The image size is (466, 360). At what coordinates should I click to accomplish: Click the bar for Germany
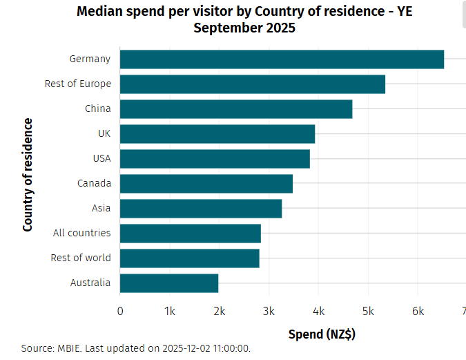282,59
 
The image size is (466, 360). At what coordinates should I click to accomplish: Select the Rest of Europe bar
253,84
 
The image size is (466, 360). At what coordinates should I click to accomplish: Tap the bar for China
236,109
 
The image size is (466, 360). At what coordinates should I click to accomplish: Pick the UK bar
217,134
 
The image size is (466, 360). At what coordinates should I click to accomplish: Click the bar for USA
215,159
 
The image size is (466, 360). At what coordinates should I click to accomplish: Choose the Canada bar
206,184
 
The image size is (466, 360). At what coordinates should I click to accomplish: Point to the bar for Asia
201,209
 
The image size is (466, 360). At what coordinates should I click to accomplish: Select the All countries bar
191,234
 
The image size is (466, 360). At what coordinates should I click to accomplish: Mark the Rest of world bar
190,258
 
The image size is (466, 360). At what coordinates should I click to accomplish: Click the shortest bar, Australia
169,283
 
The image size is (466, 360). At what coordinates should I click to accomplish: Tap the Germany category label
90,59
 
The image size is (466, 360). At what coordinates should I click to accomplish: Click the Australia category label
90,283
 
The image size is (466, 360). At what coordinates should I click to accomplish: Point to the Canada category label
93,183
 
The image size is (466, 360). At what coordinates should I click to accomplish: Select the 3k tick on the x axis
269,312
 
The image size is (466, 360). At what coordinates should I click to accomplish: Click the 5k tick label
368,312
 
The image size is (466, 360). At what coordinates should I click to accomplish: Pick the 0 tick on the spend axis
121,312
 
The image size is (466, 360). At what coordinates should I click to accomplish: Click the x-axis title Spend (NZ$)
322,335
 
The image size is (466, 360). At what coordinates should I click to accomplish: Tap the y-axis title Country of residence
28,175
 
